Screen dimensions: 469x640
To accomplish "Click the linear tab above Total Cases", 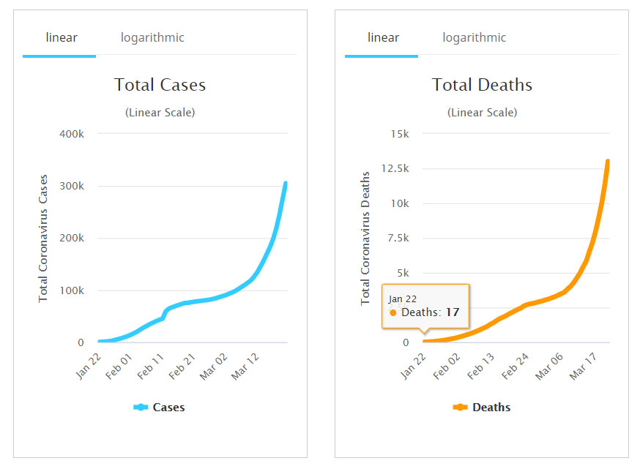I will (x=61, y=37).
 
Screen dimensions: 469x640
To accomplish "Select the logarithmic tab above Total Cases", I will (x=152, y=37).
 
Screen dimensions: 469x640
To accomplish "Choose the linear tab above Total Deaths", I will (x=382, y=37).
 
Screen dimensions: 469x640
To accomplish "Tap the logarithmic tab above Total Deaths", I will (x=474, y=37).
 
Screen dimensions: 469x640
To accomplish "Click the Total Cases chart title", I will (x=160, y=85).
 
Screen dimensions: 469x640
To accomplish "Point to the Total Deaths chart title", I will (x=482, y=85).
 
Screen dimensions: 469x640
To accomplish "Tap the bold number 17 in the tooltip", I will (x=453, y=312).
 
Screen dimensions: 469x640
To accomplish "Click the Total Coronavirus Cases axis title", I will (x=43, y=238).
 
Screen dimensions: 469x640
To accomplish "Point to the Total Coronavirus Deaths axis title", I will (x=365, y=238).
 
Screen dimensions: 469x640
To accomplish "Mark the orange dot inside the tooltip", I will (x=393, y=312).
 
